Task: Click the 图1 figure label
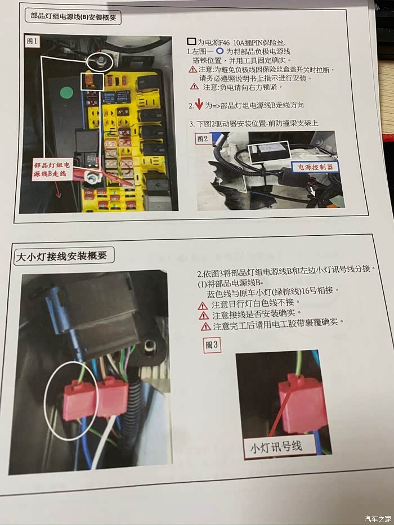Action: (x=33, y=41)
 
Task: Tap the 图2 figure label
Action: (x=203, y=138)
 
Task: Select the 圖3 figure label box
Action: (x=212, y=345)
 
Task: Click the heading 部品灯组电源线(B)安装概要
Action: (x=73, y=16)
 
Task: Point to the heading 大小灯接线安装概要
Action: (x=62, y=257)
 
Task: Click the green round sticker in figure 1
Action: (x=66, y=93)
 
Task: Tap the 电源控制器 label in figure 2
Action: (x=315, y=167)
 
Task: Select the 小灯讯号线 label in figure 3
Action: (x=276, y=447)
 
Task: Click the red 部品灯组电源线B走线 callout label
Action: (x=52, y=169)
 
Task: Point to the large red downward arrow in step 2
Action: (x=199, y=104)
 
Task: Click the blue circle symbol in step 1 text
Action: (x=220, y=51)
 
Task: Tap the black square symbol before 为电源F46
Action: (x=191, y=42)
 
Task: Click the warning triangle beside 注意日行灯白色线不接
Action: (x=203, y=306)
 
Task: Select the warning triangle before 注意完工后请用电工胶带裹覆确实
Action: (x=205, y=326)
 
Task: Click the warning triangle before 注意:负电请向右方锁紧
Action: (x=194, y=87)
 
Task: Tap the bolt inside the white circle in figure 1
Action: (x=100, y=61)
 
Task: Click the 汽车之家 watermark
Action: (x=378, y=518)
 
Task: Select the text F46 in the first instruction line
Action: (x=224, y=43)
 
